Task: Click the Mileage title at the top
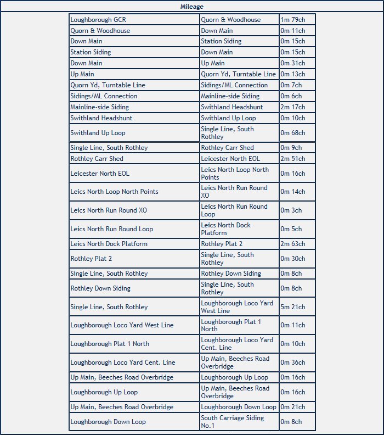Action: (x=191, y=7)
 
